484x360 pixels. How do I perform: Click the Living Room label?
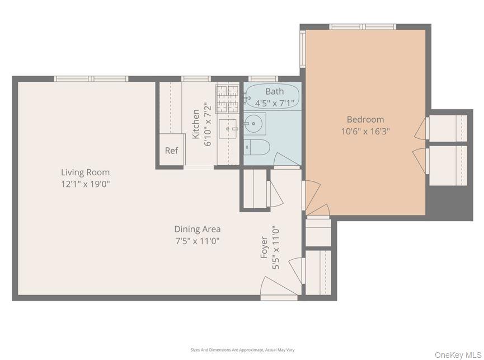[85, 172]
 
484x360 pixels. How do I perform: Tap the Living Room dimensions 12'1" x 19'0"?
[85, 184]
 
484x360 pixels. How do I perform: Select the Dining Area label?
[197, 229]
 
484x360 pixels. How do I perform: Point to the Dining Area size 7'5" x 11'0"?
[197, 241]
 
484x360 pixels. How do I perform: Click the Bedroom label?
[365, 119]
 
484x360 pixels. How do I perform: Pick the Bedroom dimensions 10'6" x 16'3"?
[365, 132]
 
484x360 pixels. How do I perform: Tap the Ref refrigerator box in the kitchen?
[171, 150]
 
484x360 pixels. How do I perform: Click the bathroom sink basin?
[255, 121]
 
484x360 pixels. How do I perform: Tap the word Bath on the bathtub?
[274, 91]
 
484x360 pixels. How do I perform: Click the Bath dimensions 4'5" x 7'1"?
[274, 103]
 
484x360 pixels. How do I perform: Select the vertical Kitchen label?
[196, 124]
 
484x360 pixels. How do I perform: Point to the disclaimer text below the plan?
[242, 350]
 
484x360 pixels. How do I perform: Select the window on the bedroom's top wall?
[362, 26]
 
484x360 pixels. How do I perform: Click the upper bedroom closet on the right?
[447, 128]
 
